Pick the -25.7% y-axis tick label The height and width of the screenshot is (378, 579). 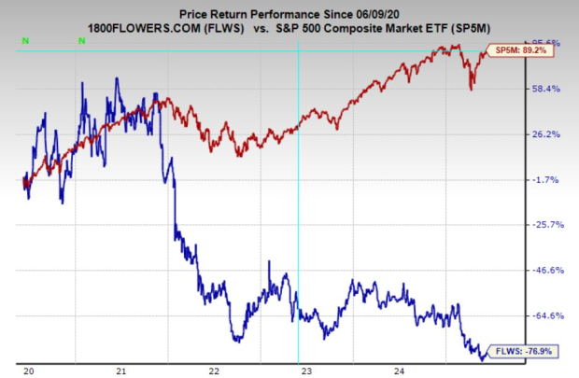pyautogui.click(x=543, y=225)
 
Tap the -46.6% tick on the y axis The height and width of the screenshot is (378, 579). pyautogui.click(x=543, y=271)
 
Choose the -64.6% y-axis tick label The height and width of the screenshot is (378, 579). pyautogui.click(x=543, y=316)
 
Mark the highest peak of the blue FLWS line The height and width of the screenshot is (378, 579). pyautogui.click(x=117, y=79)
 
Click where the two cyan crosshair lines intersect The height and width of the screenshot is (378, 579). pyautogui.click(x=298, y=50)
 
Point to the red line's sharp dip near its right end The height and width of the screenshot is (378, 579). pyautogui.click(x=472, y=89)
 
